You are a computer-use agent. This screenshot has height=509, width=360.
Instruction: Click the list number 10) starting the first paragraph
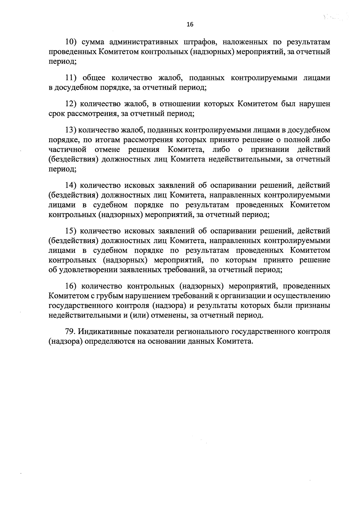click(x=72, y=42)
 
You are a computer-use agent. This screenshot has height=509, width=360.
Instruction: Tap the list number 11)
click(x=72, y=78)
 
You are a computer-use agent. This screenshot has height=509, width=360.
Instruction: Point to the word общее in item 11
click(x=94, y=78)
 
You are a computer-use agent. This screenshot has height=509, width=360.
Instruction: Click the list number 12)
click(x=72, y=104)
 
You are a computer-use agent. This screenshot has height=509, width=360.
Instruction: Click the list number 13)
click(x=72, y=130)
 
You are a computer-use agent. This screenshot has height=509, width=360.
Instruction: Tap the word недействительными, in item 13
click(x=243, y=159)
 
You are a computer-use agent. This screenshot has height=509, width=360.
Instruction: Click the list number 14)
click(x=72, y=185)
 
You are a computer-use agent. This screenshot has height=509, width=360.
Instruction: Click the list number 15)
click(x=72, y=231)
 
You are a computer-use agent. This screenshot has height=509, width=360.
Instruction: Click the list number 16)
click(x=72, y=286)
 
